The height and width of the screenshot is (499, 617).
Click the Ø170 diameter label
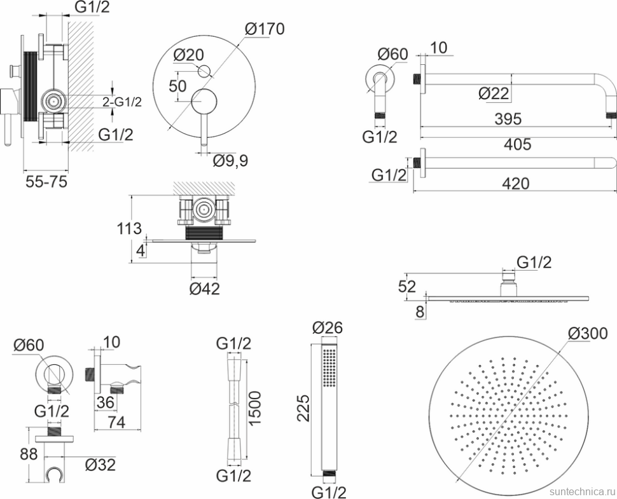(x=265, y=29)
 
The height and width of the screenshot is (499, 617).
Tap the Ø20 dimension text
(x=189, y=55)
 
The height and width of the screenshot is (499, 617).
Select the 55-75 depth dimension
(x=46, y=181)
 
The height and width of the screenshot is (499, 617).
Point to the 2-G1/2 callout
(x=122, y=102)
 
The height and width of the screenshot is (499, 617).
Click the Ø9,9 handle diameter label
(x=231, y=160)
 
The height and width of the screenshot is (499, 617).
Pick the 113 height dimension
(x=129, y=228)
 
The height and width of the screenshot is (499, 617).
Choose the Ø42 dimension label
(x=205, y=289)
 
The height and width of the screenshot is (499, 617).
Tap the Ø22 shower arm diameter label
(x=494, y=93)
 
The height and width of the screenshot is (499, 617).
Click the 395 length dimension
(x=508, y=119)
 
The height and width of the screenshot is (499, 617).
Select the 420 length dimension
(x=516, y=184)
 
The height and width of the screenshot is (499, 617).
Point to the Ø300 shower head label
(x=588, y=334)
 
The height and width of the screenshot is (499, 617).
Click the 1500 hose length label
(x=255, y=407)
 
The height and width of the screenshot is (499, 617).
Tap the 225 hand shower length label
(x=303, y=408)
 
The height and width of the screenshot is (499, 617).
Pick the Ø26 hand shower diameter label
(x=328, y=327)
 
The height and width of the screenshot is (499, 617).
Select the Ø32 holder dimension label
(x=101, y=465)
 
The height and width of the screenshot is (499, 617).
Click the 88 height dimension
(x=29, y=454)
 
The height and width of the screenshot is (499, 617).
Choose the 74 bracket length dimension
(x=116, y=422)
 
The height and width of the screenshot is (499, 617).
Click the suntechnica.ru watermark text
(x=583, y=491)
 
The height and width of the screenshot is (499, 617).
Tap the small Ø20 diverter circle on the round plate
(x=205, y=71)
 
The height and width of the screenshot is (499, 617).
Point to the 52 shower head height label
(x=407, y=286)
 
